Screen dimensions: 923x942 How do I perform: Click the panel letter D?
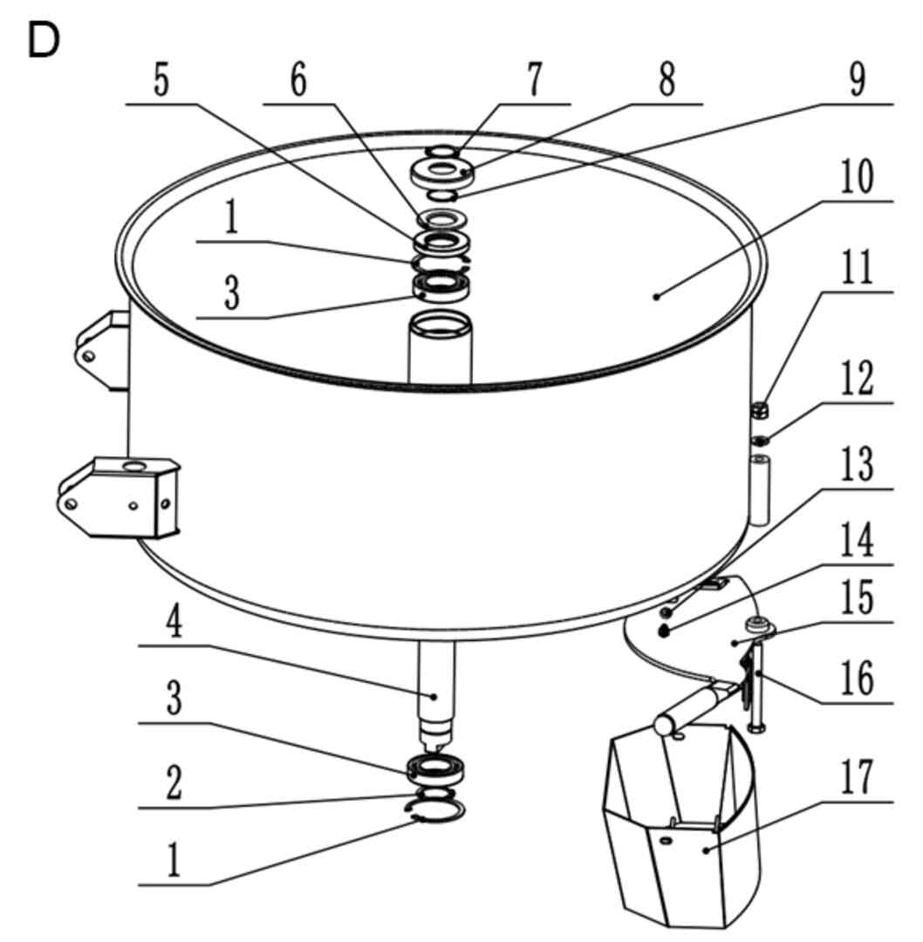coord(44,42)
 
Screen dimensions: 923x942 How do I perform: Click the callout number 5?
coord(161,79)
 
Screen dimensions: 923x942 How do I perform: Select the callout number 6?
coord(298,79)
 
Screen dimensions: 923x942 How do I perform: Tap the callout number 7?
coord(534,79)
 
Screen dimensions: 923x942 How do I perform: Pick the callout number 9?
coord(858,79)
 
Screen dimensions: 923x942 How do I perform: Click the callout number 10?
coord(857,176)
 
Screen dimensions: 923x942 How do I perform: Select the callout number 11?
coord(857,268)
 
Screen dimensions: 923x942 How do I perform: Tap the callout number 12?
coord(857,379)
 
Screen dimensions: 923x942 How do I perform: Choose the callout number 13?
coord(857,464)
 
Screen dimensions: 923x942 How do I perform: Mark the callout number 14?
coord(857,540)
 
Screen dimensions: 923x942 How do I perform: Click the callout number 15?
coord(857,597)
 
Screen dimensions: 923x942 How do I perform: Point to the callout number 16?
coord(857,678)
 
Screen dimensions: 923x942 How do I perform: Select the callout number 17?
coord(857,777)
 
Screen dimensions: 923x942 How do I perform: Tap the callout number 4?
coord(174,621)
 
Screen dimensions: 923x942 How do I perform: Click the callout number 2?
coord(174,782)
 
